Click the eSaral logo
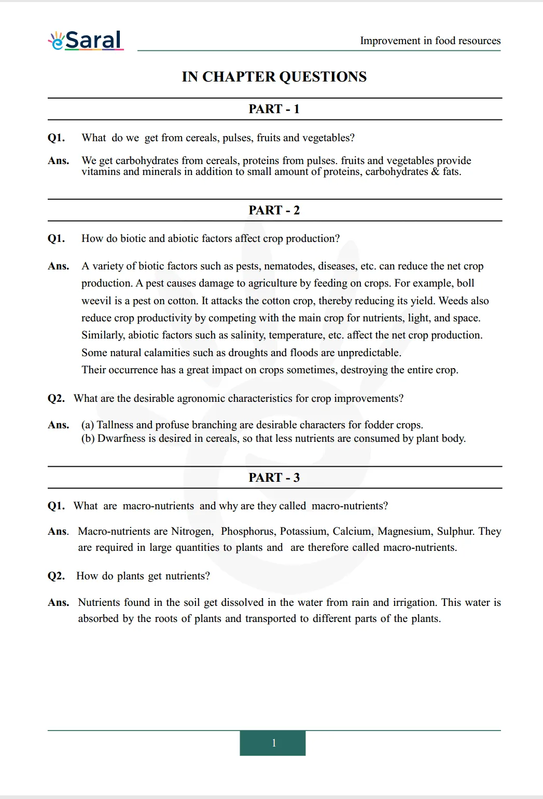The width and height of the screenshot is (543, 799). pos(86,40)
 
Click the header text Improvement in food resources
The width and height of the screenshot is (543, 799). pos(430,40)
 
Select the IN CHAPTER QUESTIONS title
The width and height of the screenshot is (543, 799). pos(274,77)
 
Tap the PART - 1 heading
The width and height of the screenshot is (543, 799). pos(274,109)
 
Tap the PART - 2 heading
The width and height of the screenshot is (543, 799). pos(274,210)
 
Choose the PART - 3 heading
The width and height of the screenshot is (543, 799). pos(274,478)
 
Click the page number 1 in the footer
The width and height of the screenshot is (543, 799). pos(273,743)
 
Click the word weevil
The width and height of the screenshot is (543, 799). pos(96,301)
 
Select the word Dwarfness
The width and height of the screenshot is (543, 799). pos(121,439)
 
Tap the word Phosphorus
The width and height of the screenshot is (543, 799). pos(248,532)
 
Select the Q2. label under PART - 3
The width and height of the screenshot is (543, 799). pos(56,576)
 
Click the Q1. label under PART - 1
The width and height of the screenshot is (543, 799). pos(56,138)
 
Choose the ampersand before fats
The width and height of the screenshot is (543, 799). pos(435,172)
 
